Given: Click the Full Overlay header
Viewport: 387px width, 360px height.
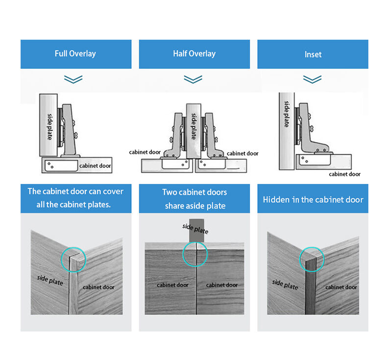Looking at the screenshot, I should pyautogui.click(x=75, y=53).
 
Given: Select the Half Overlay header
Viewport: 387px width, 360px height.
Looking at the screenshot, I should pyautogui.click(x=194, y=53).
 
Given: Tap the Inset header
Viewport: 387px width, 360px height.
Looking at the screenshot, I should pyautogui.click(x=313, y=54).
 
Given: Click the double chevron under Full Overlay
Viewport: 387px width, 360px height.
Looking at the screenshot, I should pyautogui.click(x=73, y=79).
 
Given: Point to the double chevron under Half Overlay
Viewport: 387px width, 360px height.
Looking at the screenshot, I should pyautogui.click(x=193, y=79).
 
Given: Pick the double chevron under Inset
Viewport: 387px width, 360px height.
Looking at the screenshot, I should pyautogui.click(x=312, y=79).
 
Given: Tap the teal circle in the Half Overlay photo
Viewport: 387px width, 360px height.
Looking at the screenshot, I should pyautogui.click(x=195, y=254).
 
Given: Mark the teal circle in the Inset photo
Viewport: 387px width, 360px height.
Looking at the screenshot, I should pyautogui.click(x=312, y=259).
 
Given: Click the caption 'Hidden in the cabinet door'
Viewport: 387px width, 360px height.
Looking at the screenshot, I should pyautogui.click(x=313, y=199).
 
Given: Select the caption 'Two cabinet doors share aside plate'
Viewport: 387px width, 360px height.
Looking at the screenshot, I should pyautogui.click(x=195, y=199).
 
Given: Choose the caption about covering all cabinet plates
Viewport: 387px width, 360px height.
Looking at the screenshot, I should pyautogui.click(x=75, y=198).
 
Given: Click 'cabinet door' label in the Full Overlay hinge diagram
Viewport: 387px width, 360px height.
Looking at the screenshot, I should pyautogui.click(x=95, y=166).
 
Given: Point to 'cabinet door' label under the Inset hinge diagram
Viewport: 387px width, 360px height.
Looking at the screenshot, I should pyautogui.click(x=344, y=174).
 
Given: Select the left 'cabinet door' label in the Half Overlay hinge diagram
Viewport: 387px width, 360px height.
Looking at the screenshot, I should pyautogui.click(x=145, y=152).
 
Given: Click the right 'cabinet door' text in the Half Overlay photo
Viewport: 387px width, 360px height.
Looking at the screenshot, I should pyautogui.click(x=222, y=285).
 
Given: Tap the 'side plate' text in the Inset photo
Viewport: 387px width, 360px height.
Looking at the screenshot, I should pyautogui.click(x=285, y=284).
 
